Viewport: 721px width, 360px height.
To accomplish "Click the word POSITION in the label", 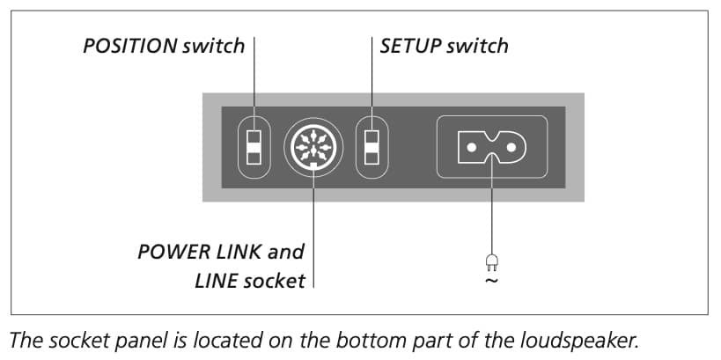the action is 130,46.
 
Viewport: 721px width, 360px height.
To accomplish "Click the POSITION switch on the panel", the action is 254,147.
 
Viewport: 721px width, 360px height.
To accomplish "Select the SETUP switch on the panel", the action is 372,147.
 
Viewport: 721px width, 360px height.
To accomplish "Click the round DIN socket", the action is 313,148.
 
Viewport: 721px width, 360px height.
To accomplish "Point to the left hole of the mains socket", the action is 471,148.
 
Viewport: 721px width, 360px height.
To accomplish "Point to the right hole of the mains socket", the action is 511,148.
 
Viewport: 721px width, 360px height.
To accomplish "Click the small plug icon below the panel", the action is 491,262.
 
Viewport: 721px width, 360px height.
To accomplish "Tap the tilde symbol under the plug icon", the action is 491,280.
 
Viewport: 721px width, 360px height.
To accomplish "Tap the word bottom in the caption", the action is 366,342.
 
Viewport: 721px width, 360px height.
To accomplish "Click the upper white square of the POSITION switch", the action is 254,137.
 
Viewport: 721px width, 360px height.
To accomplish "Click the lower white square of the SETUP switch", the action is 372,158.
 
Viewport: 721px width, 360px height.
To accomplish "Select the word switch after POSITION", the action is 213,46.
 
